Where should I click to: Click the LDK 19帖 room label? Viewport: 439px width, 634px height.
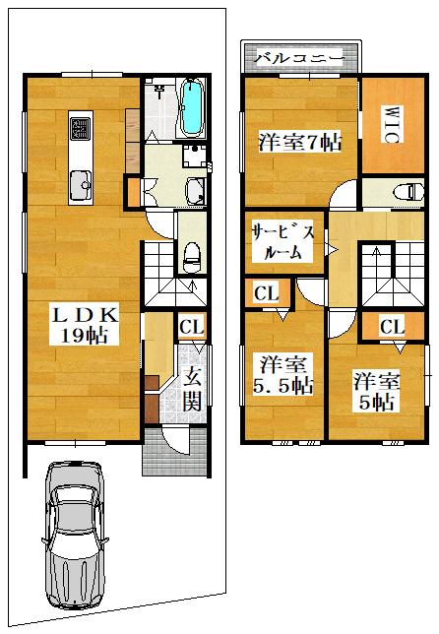[84, 325]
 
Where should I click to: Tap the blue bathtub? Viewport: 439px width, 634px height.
[192, 107]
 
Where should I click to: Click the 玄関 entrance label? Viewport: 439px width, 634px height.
[191, 390]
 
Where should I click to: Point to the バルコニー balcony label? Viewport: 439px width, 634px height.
[298, 59]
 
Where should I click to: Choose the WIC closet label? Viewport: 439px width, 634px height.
[391, 124]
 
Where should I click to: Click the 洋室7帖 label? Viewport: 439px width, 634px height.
[299, 142]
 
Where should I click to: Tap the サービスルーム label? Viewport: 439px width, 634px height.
[282, 242]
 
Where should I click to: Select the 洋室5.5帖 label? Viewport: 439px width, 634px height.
[282, 375]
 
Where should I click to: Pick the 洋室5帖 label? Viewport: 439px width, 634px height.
[377, 391]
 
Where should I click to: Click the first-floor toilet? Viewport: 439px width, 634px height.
[192, 258]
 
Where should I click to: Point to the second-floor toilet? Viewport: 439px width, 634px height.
[409, 191]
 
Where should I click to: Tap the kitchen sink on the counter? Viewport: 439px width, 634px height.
[81, 185]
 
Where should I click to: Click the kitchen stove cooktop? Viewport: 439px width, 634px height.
[81, 129]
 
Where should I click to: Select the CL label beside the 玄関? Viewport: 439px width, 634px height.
[192, 327]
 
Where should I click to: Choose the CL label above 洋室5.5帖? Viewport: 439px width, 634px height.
[267, 293]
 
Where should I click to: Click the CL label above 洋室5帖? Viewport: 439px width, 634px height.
[392, 326]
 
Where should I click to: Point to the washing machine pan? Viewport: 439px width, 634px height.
[195, 156]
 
